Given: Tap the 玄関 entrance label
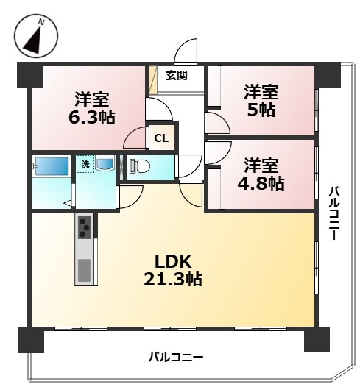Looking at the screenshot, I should coord(175,75).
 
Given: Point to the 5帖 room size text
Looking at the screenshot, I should coord(261,110).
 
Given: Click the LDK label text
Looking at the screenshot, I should coord(174,260).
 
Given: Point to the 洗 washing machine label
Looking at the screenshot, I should coord(85,164).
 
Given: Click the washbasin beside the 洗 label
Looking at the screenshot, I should coord(104,164).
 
